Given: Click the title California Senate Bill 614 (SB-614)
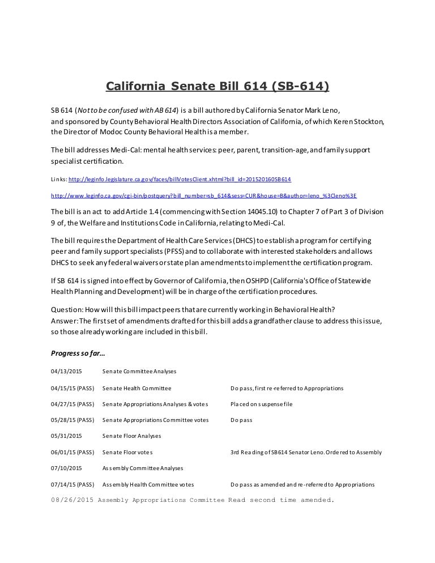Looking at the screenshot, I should tap(217, 86).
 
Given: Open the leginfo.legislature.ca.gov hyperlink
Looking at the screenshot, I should tap(180, 179).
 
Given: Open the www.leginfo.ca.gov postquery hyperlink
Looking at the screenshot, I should tap(203, 195).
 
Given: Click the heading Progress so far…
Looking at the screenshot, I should tap(78, 353).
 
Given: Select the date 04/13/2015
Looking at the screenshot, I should tap(66, 372).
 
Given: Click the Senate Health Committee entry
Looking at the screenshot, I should tap(137, 389).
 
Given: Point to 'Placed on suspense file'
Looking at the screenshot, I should tap(261, 404).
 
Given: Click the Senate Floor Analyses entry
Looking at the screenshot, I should tap(131, 436).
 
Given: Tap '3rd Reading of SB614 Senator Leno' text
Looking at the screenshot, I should tap(275, 453).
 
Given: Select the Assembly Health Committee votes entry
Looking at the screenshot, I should tap(148, 485).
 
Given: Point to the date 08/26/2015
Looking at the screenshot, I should tap(71, 500).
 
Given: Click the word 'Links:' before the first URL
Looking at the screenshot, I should tap(58, 179).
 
